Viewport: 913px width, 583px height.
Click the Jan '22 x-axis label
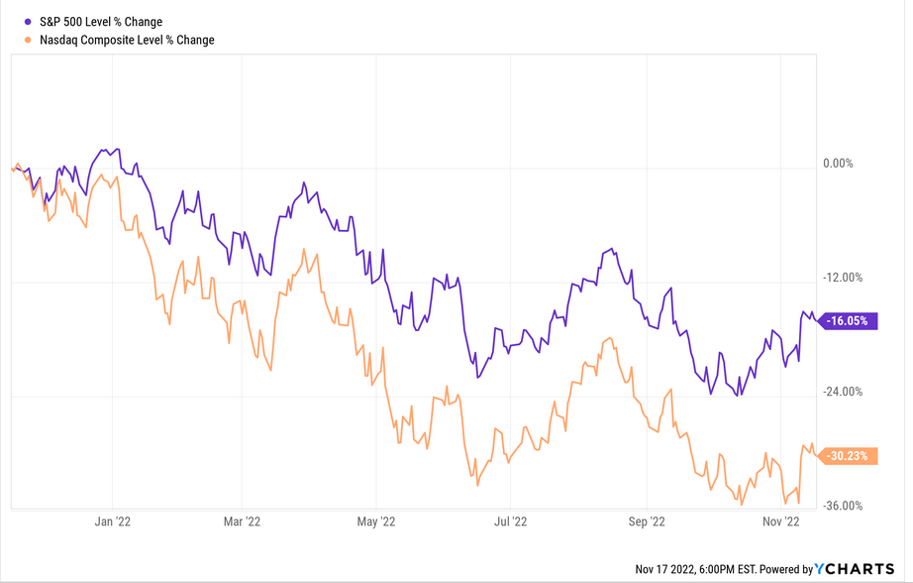[114, 521]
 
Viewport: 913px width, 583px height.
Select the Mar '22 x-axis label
[243, 521]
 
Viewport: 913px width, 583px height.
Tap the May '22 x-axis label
[376, 521]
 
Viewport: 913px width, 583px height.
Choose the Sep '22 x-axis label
[646, 521]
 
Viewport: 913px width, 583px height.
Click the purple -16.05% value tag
[848, 321]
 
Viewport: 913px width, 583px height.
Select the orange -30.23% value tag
[848, 456]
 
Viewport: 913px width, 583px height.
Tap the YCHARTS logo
[854, 569]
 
